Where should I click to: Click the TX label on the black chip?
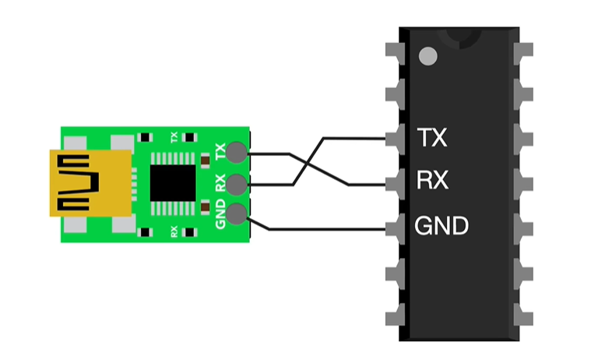click(432, 138)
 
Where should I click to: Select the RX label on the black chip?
click(432, 182)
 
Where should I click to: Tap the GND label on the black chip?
click(441, 227)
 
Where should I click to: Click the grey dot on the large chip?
click(427, 56)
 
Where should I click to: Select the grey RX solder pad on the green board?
click(238, 184)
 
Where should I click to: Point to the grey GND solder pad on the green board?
click(238, 213)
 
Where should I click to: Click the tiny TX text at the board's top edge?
click(174, 137)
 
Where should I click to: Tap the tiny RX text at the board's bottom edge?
click(174, 231)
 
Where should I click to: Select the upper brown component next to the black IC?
click(204, 161)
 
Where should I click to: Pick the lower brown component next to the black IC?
click(204, 206)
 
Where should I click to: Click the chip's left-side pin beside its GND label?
click(392, 228)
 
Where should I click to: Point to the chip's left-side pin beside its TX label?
click(392, 139)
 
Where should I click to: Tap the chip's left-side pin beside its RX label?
click(392, 184)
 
